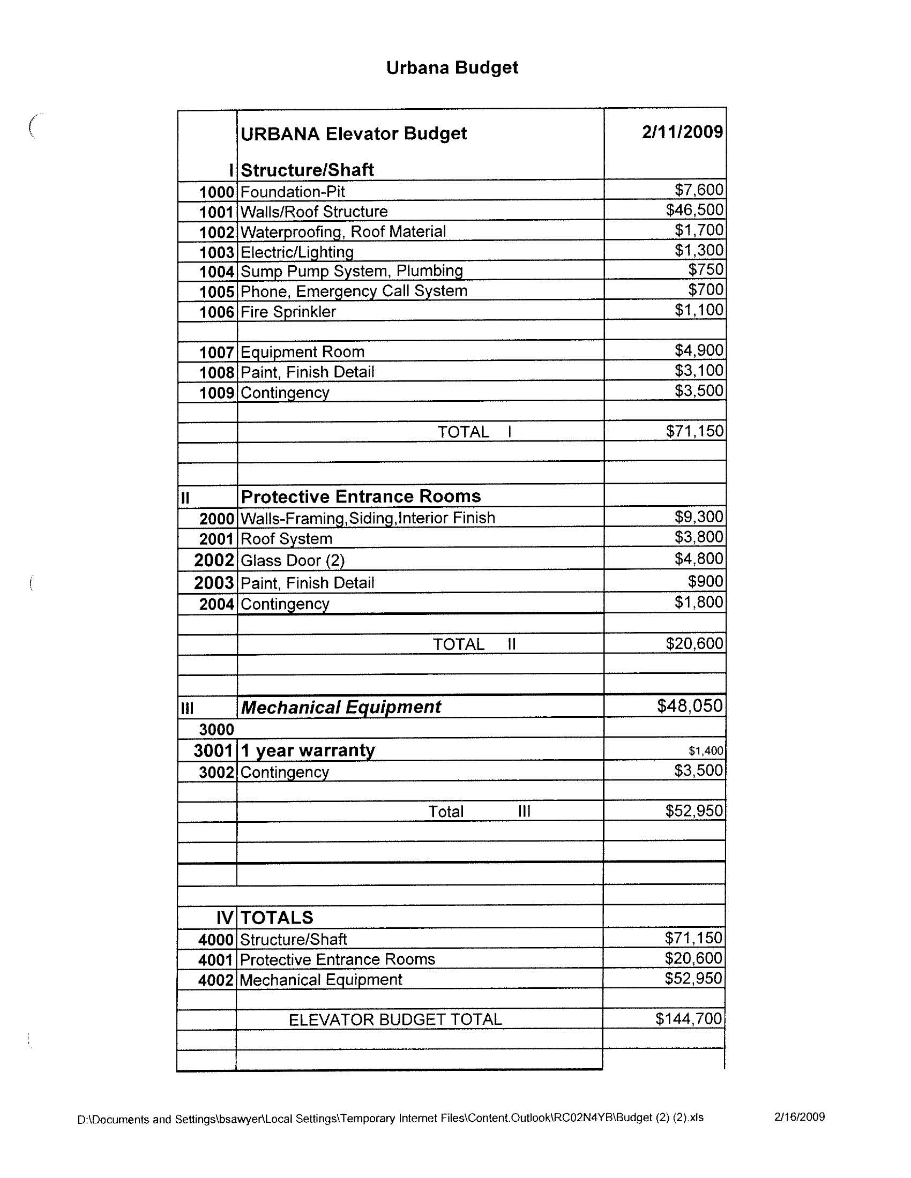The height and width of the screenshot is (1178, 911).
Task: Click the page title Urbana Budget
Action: (452, 68)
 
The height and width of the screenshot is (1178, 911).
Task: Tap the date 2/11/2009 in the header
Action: (682, 132)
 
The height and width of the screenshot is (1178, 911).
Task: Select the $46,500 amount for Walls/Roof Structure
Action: (694, 210)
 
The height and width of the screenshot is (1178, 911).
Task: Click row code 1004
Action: (216, 272)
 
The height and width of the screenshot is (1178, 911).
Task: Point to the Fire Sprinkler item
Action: (288, 312)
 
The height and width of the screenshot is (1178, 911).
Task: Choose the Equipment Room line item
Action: (302, 352)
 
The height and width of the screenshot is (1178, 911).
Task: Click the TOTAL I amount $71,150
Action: (694, 431)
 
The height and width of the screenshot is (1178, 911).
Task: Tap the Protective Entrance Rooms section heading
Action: (361, 496)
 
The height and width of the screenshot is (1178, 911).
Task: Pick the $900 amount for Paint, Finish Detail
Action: (705, 581)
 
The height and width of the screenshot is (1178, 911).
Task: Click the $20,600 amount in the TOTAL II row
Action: (694, 643)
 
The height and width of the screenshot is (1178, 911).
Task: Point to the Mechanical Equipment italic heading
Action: (340, 707)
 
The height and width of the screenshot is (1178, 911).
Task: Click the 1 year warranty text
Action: (308, 751)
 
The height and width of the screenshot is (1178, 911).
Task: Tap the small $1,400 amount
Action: (705, 751)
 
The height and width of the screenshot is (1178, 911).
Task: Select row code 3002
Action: (216, 772)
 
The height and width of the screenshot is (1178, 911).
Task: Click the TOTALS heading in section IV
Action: (277, 918)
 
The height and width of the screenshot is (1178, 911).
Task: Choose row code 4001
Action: (215, 960)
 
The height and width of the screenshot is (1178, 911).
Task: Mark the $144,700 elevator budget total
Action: (688, 1019)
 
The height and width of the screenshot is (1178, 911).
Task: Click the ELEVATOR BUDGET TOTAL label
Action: (395, 1019)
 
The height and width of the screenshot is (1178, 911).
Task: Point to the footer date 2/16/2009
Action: (800, 1117)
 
